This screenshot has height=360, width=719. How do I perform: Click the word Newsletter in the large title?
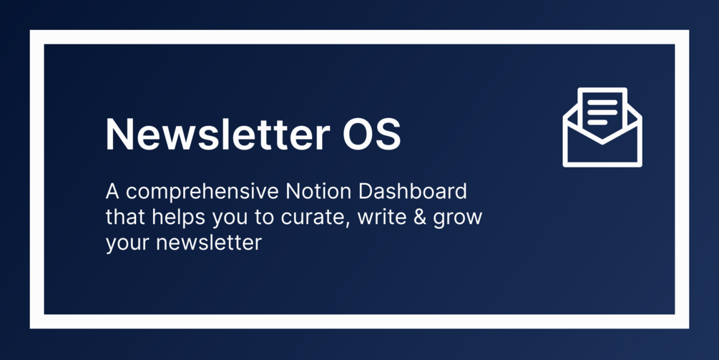coord(217,134)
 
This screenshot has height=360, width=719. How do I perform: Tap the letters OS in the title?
coord(372,134)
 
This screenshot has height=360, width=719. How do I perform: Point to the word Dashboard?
coord(413,191)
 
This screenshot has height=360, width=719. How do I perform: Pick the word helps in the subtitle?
coord(178,218)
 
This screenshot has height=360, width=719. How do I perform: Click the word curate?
coord(312,218)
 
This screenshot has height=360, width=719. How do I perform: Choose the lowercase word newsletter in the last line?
coord(209,242)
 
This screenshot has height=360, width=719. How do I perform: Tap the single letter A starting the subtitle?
coord(112,192)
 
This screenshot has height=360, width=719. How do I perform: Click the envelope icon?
coord(602,127)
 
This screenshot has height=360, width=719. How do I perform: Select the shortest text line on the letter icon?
coord(597,122)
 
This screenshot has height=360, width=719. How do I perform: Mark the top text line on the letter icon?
coord(602,102)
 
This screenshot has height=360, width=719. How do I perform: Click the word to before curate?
coord(265,218)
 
